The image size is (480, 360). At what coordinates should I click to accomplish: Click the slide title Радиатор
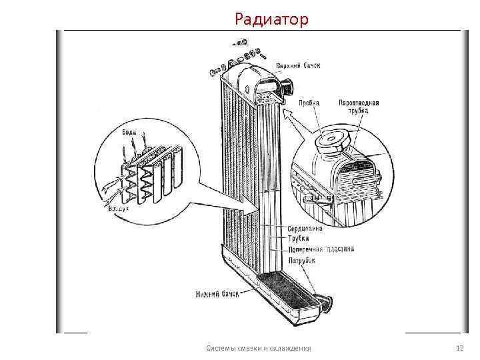[x=271, y=20]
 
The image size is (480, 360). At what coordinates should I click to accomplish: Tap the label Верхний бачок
[x=299, y=66]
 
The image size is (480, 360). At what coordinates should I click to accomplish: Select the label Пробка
[x=308, y=103]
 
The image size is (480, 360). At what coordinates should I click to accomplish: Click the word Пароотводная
[x=359, y=103]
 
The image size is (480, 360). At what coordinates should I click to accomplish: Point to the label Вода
[x=128, y=132]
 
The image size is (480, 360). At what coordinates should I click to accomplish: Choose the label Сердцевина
[x=305, y=229]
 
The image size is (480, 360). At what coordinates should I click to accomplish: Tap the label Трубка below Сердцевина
[x=299, y=239]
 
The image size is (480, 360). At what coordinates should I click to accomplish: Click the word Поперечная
[x=306, y=249]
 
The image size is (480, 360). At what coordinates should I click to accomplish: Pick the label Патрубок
[x=301, y=261]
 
